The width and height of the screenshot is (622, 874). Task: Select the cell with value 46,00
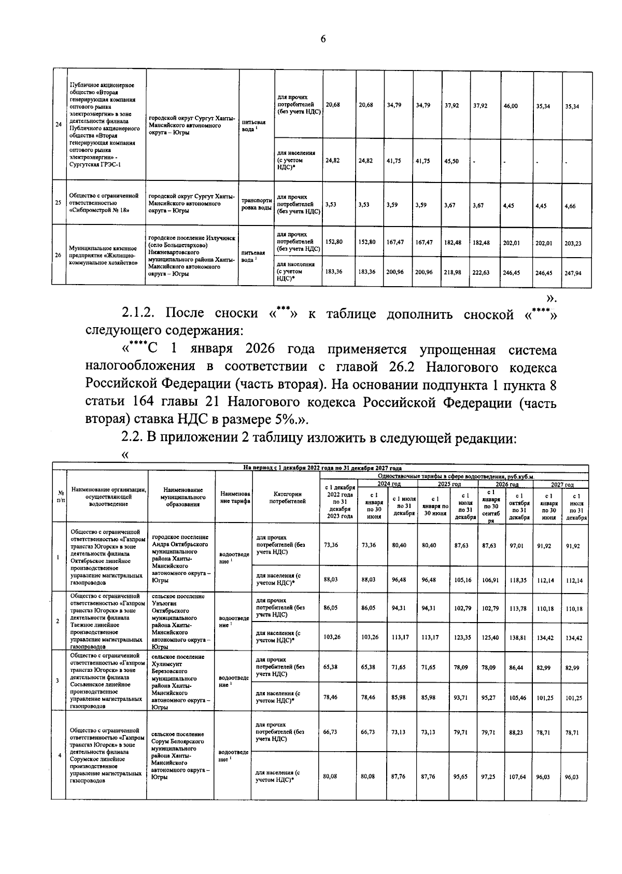point(510,106)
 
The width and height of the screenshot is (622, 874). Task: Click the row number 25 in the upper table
point(59,203)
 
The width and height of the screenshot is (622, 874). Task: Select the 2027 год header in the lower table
point(562,484)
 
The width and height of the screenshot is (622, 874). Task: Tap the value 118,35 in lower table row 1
point(517,580)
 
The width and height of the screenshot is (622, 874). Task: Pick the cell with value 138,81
point(517,638)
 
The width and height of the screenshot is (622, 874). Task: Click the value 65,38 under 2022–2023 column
point(330,667)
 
